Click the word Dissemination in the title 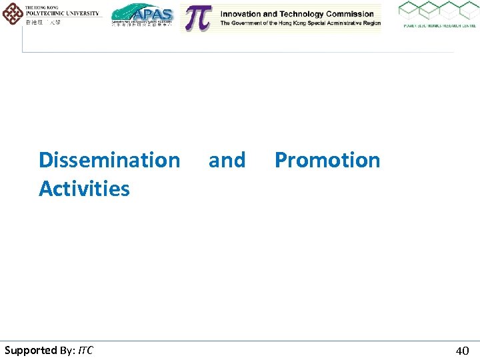click(109, 160)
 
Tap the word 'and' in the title click(227, 160)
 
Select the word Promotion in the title click(327, 160)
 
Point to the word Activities click(84, 189)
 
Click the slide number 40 click(462, 351)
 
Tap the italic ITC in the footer click(85, 351)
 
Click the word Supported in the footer click(31, 351)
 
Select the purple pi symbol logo click(197, 18)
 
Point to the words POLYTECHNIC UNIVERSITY click(61, 13)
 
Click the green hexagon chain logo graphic click(437, 11)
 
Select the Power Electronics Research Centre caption click(438, 26)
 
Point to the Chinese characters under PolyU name click(43, 22)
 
